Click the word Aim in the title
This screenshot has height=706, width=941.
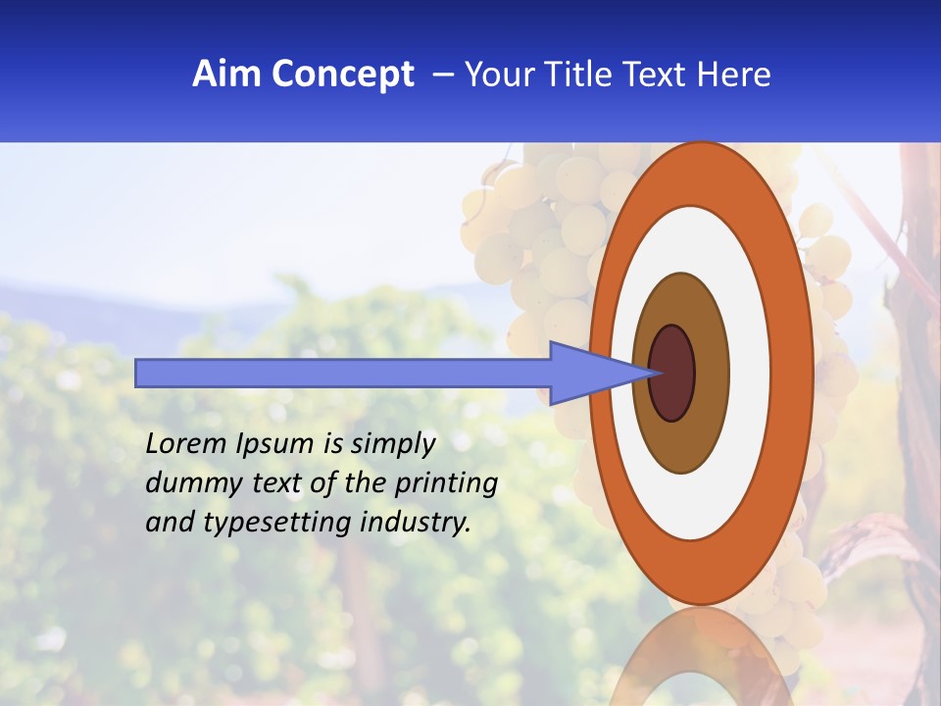227,75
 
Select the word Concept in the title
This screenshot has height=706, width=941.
342,75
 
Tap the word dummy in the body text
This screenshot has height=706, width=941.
185,483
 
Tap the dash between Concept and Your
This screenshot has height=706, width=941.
442,75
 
